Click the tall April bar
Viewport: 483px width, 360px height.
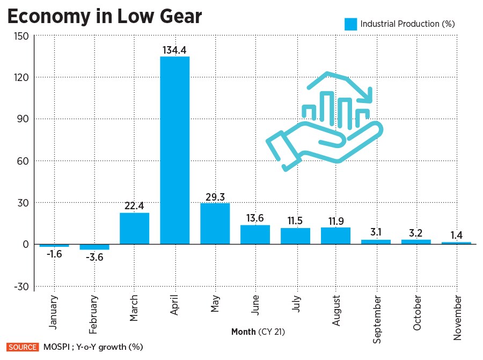coord(174,150)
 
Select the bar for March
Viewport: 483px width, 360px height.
coord(134,229)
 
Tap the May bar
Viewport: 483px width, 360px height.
coord(215,224)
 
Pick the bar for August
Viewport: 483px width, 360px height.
coord(335,236)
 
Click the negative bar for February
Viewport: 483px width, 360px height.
coord(94,247)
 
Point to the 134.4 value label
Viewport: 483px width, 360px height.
coord(174,50)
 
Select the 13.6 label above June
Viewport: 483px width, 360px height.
coord(255,218)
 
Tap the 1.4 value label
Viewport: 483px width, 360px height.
coord(457,235)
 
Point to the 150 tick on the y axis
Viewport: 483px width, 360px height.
coord(20,35)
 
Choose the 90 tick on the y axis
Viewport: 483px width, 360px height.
coord(22,119)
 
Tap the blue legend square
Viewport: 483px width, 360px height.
coord(350,24)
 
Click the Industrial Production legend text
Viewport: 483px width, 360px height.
coord(407,24)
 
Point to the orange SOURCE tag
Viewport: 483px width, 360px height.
coord(22,347)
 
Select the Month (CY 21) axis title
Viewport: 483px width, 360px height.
coord(258,332)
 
